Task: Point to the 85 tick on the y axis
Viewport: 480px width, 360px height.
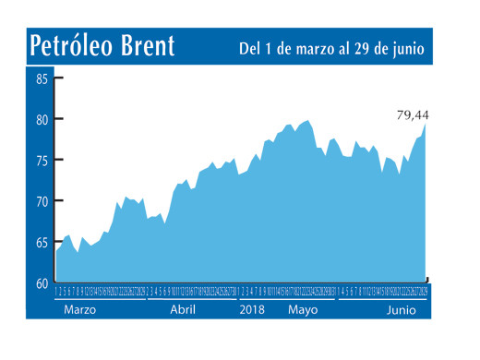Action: coord(42,78)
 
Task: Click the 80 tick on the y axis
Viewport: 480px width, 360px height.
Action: coord(42,119)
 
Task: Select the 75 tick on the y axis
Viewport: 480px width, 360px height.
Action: coord(42,160)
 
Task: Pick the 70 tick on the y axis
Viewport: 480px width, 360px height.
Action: coord(42,200)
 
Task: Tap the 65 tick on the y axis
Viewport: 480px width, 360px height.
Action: coord(42,242)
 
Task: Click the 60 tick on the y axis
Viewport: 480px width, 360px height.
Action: coord(42,282)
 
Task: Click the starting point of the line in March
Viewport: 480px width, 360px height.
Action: coord(56,251)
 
